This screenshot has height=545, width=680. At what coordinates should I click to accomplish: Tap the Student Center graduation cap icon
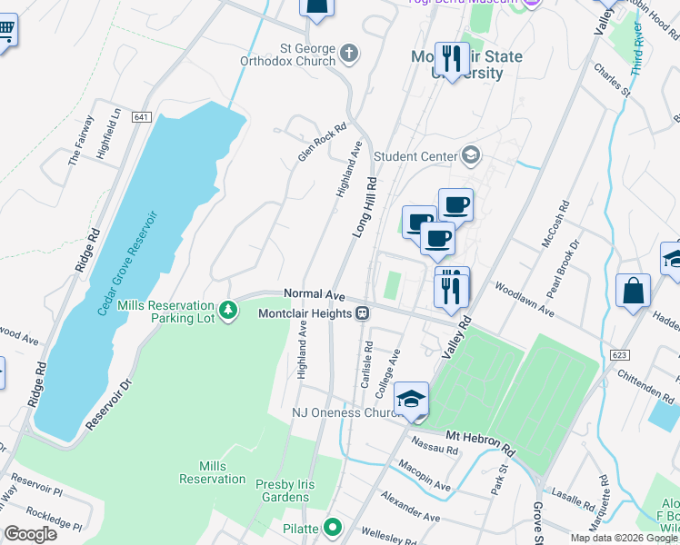tap(470, 155)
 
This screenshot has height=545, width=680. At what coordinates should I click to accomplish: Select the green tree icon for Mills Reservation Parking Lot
tap(227, 311)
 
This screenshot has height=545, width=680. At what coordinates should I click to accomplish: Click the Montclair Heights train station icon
tap(362, 313)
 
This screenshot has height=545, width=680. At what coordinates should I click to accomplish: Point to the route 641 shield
tap(140, 117)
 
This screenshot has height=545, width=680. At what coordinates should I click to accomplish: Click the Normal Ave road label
tap(315, 294)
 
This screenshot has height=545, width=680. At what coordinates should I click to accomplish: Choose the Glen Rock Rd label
tap(323, 143)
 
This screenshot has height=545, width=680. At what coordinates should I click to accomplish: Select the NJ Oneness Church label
tap(345, 412)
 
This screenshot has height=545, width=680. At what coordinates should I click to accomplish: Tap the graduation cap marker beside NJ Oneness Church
tap(411, 399)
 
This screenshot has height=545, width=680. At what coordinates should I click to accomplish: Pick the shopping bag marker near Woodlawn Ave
tap(633, 292)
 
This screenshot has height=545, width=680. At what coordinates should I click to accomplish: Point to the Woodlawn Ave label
tap(525, 299)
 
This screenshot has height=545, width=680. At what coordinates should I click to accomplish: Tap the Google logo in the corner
tap(30, 533)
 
